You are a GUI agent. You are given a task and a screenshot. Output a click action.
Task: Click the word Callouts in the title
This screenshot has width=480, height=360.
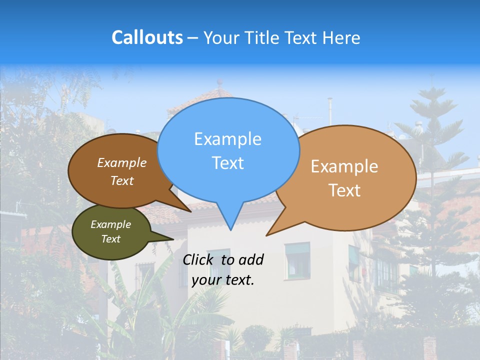pyautogui.click(x=147, y=37)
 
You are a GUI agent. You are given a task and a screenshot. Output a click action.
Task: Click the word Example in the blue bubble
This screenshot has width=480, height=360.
pyautogui.click(x=227, y=139)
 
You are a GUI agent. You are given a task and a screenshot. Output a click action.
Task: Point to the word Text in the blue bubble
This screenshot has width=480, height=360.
pyautogui.click(x=227, y=163)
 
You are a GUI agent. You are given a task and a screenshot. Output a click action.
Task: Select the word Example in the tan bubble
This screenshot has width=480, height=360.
pyautogui.click(x=344, y=166)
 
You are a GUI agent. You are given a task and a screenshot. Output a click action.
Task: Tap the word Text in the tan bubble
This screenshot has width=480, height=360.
pyautogui.click(x=344, y=190)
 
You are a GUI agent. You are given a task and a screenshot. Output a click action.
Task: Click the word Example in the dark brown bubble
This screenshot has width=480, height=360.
pyautogui.click(x=122, y=163)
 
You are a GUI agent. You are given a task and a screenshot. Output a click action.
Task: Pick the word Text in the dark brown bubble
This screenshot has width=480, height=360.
pyautogui.click(x=122, y=180)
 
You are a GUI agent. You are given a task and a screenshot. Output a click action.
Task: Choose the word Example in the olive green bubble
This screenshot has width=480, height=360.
pyautogui.click(x=110, y=224)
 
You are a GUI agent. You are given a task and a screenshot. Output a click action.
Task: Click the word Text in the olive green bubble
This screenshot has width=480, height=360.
pyautogui.click(x=110, y=239)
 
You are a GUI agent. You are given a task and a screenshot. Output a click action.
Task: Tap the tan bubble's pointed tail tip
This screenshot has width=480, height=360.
pyautogui.click(x=267, y=235)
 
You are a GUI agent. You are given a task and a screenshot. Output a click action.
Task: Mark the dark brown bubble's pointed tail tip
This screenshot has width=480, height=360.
pyautogui.click(x=190, y=211)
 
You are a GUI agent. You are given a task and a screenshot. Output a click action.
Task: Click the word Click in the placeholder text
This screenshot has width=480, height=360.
pyautogui.click(x=199, y=259)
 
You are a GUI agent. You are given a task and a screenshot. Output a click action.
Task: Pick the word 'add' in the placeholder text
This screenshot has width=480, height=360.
pyautogui.click(x=251, y=259)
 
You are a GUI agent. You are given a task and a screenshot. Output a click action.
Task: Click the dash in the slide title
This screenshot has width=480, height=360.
pyautogui.click(x=193, y=38)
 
